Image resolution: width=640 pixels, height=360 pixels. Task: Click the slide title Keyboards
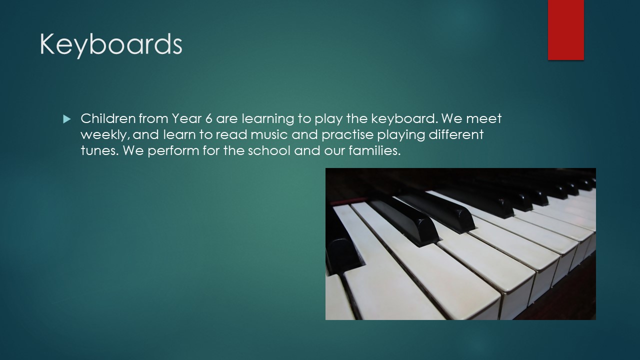pyautogui.click(x=111, y=44)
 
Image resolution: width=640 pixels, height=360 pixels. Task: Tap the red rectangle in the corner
pyautogui.click(x=565, y=30)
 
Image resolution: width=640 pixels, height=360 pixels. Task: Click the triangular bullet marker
pyautogui.click(x=66, y=119)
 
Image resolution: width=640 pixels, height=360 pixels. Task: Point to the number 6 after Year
pyautogui.click(x=209, y=118)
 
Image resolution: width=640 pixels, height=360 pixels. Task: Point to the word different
pyautogui.click(x=456, y=134)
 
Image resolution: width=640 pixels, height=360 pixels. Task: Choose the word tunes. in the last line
pyautogui.click(x=99, y=150)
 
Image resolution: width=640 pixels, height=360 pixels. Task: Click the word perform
pyautogui.click(x=173, y=151)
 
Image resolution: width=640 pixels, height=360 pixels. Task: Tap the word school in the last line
pyautogui.click(x=269, y=150)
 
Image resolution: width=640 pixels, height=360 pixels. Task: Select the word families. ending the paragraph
pyautogui.click(x=374, y=150)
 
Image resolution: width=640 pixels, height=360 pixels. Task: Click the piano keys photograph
pyautogui.click(x=460, y=243)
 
